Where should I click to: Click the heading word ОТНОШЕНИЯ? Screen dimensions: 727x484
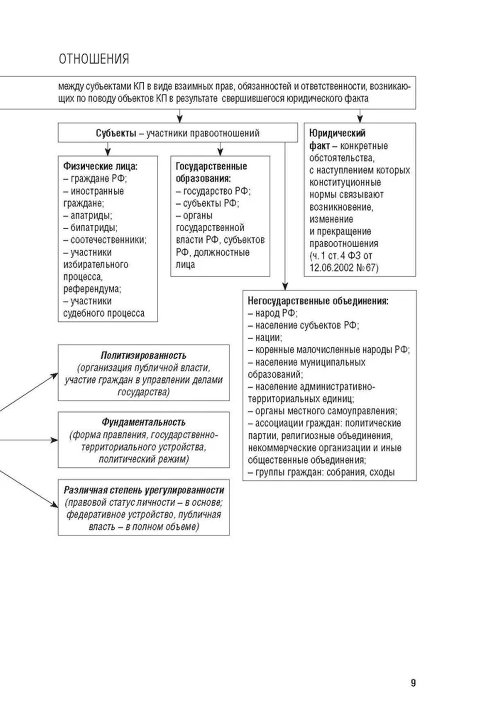tap(94, 59)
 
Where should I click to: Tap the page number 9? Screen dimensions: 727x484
tap(413, 683)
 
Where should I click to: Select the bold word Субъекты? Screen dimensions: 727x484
tap(116, 133)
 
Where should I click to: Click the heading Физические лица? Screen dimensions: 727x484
tap(100, 166)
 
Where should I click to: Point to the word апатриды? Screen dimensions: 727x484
tap(91, 216)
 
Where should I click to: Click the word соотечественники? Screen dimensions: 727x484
tap(108, 240)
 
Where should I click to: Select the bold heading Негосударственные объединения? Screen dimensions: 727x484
tap(318, 301)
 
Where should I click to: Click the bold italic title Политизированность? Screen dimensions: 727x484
tap(143, 356)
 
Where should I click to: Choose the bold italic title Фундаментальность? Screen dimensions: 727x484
tap(143, 422)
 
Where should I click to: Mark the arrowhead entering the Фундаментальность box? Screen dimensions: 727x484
tap(55, 440)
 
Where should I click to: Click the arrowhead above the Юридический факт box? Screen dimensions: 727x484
tap(360, 119)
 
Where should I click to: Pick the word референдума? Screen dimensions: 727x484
tap(92, 289)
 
